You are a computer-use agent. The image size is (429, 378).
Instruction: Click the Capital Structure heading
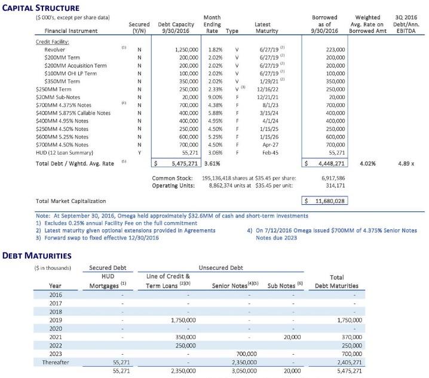click(x=41, y=8)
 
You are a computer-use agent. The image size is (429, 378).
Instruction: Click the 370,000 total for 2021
click(x=350, y=337)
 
